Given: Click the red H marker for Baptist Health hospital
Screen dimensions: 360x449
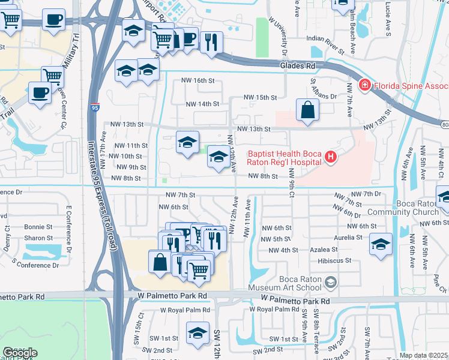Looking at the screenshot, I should (330, 158).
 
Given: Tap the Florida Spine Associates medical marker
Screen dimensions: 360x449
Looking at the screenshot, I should (364, 86).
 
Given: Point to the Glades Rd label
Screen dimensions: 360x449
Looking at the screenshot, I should (297, 65).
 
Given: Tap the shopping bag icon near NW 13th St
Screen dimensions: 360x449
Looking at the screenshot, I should (307, 110).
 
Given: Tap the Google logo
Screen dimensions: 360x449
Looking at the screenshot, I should (20, 353).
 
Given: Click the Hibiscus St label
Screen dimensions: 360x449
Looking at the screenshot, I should (334, 260).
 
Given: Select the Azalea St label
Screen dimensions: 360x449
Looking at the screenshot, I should (329, 250).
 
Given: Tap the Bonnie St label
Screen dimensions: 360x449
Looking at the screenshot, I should (38, 227).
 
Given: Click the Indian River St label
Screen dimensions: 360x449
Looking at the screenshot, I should (324, 38).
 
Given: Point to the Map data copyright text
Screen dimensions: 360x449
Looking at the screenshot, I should (423, 355).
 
